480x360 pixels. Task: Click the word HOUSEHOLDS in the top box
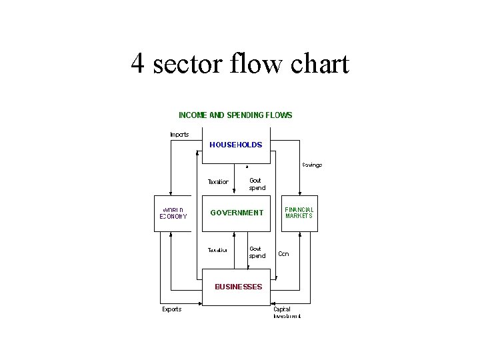click(x=235, y=145)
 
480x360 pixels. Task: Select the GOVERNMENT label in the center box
click(x=237, y=213)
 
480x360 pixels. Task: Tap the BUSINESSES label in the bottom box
click(x=238, y=287)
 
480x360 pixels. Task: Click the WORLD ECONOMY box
click(x=173, y=213)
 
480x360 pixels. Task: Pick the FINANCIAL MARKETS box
click(x=299, y=213)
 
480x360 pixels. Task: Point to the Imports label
click(x=179, y=134)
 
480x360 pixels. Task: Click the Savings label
click(x=312, y=165)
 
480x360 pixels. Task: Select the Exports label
click(x=172, y=309)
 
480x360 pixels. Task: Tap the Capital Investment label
click(x=287, y=313)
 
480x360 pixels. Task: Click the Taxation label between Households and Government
click(x=218, y=181)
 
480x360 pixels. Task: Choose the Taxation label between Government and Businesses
click(x=218, y=251)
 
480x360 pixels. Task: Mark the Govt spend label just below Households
click(x=257, y=184)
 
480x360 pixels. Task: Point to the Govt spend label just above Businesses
click(x=257, y=252)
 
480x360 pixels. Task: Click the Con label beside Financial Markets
click(x=283, y=254)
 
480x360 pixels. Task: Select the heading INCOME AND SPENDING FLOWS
click(x=235, y=115)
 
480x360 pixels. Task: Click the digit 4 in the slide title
click(x=138, y=64)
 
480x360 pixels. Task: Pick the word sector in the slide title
click(x=187, y=64)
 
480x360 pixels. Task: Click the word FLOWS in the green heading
click(x=278, y=115)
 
